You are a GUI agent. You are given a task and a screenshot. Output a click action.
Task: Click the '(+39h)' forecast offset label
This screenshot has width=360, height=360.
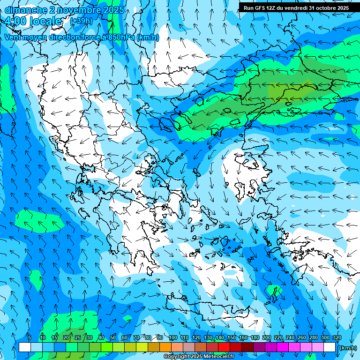tap(81, 21)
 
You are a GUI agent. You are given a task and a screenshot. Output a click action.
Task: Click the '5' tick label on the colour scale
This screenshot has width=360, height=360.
tap(30, 337)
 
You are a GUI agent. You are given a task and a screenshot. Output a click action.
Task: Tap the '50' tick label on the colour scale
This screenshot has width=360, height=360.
tap(113, 337)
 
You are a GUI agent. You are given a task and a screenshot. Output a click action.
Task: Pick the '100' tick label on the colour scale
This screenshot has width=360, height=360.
tap(172, 337)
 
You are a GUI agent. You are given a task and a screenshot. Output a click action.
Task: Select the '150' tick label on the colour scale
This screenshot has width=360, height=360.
tap(232, 337)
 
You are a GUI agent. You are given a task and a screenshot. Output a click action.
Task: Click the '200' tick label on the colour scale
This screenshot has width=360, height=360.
tap(266, 337)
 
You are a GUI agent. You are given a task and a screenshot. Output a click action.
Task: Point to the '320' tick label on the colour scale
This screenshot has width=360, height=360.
tap(337, 337)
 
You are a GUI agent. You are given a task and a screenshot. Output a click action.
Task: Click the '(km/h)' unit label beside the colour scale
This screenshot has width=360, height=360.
tap(347, 347)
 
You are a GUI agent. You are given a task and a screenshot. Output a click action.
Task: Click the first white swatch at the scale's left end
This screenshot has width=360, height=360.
tap(25, 347)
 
